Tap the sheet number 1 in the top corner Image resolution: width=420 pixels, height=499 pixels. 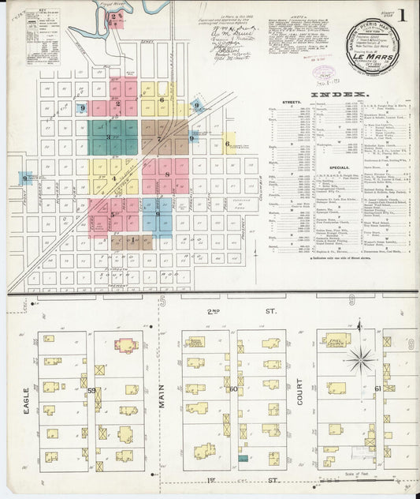(x=403, y=13)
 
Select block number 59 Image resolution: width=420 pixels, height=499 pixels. (x=92, y=390)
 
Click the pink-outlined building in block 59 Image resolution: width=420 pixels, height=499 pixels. (x=125, y=345)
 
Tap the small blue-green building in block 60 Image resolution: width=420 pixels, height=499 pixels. (x=243, y=458)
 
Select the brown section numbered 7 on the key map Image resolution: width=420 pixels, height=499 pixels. (x=159, y=139)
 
